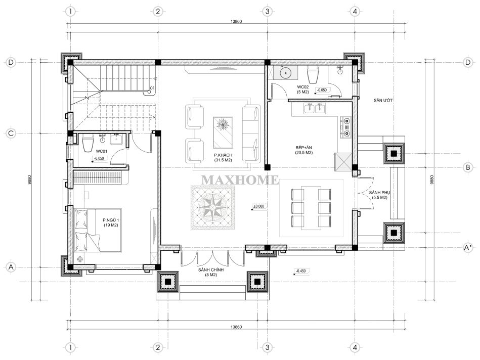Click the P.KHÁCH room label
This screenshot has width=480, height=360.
(x=223, y=155)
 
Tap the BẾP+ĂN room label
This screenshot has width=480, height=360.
(x=303, y=148)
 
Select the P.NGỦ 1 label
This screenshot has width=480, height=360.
(x=111, y=220)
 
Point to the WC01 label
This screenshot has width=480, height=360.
(x=101, y=151)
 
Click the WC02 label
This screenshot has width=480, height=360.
(x=303, y=87)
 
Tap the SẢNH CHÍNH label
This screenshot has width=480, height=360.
(x=211, y=269)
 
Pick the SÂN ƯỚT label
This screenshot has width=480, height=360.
(x=383, y=100)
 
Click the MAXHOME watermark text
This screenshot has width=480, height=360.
(x=240, y=180)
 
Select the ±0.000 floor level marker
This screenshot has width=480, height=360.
(x=258, y=207)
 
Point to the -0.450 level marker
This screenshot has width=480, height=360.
(x=301, y=271)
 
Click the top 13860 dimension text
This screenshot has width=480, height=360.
(x=236, y=21)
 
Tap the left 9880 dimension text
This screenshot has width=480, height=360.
(x=29, y=179)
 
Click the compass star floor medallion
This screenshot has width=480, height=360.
(x=213, y=207)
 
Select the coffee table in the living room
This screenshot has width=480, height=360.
(x=223, y=132)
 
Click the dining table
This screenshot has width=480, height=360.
(x=311, y=207)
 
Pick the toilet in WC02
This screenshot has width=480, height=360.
(x=313, y=75)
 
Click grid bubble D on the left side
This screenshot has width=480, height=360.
(x=11, y=63)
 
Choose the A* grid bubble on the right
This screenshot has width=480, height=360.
(x=468, y=247)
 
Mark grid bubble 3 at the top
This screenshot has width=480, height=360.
(x=267, y=12)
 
